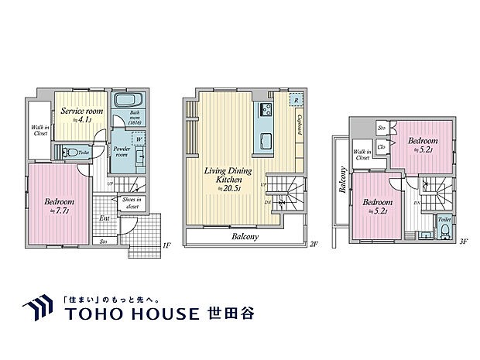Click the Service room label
point(81,111)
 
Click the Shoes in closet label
point(132,203)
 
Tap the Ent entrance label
point(104,218)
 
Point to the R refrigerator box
point(295,101)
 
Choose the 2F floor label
point(314,245)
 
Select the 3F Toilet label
point(444,220)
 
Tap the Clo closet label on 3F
point(382,146)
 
